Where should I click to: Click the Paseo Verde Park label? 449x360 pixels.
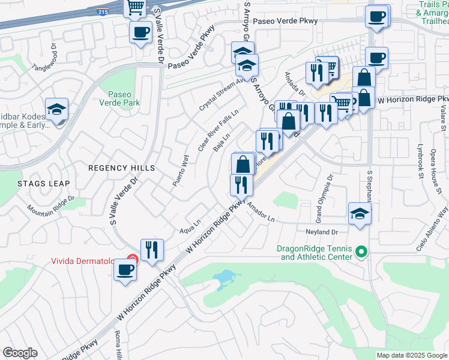[124, 98]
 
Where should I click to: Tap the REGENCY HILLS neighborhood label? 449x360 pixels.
[121, 168]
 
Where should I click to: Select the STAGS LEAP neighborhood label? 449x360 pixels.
[43, 183]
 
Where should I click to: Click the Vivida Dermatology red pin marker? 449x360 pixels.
[133, 260]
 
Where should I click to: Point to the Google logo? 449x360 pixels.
[20, 353]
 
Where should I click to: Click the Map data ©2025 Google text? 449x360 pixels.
[412, 355]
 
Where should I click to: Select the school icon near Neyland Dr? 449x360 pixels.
[360, 214]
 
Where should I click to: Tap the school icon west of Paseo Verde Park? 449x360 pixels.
[56, 110]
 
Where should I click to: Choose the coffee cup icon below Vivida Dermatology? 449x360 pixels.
[125, 269]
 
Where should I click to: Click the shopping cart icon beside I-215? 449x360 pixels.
[135, 8]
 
